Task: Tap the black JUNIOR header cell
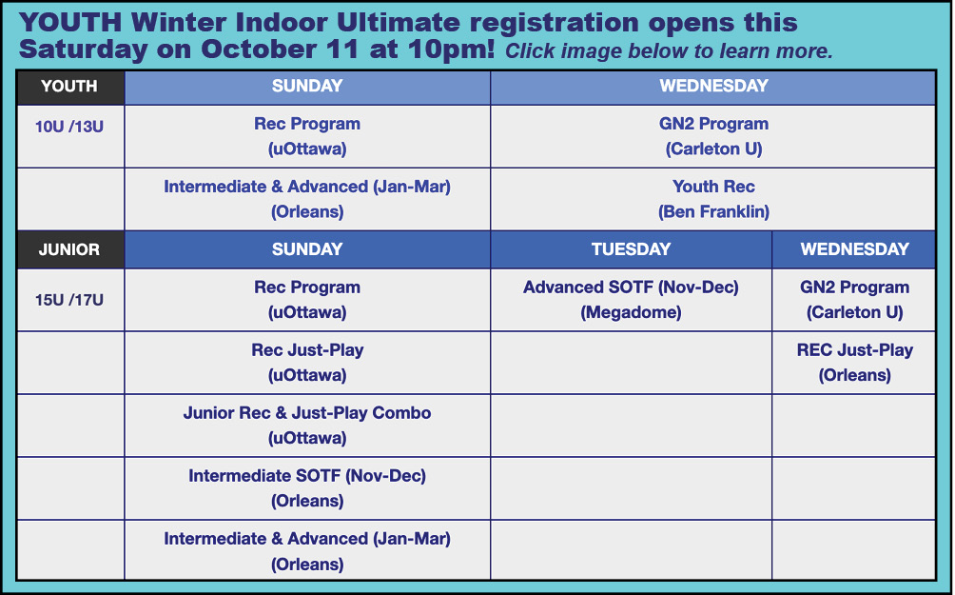(x=70, y=249)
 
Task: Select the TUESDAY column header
(x=631, y=249)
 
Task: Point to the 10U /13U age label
(x=68, y=127)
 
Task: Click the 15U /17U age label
(x=68, y=300)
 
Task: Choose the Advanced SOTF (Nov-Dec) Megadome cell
(x=631, y=300)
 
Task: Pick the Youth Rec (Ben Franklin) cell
(x=713, y=199)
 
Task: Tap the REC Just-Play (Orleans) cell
(x=854, y=363)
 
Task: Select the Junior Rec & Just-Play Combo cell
(x=307, y=426)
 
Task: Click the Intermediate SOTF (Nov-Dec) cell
(x=307, y=488)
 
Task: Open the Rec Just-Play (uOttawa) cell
(x=307, y=363)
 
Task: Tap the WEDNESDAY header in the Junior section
(x=854, y=249)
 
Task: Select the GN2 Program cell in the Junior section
(x=854, y=300)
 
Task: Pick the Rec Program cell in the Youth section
(x=307, y=136)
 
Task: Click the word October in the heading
(x=280, y=49)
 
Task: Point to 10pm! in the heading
(x=451, y=49)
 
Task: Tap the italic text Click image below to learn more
(x=669, y=51)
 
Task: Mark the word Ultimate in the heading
(x=399, y=23)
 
